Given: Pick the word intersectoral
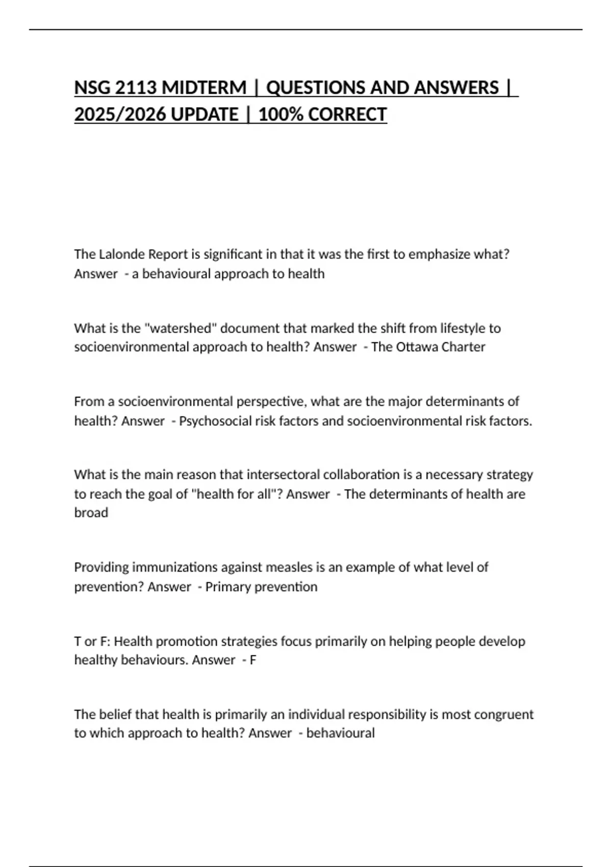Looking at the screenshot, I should (278, 475).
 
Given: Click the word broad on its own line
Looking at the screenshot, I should (91, 513).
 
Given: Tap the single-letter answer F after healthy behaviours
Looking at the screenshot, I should (253, 660).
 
